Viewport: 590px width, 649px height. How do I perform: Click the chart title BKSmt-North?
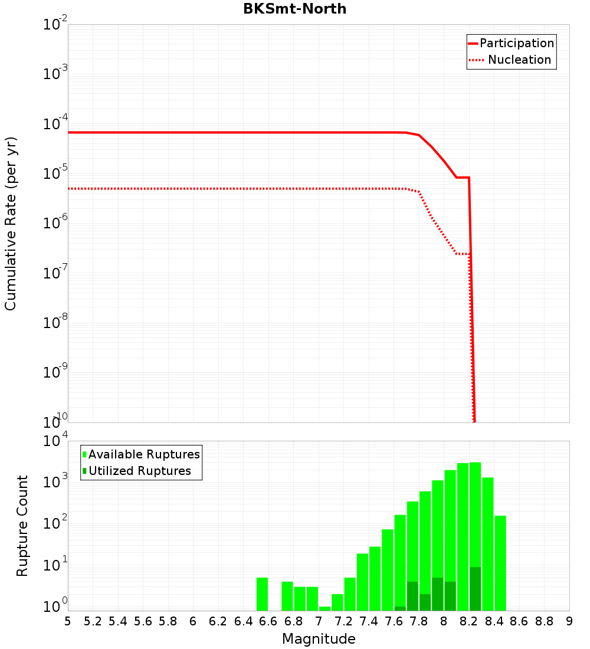tap(294, 9)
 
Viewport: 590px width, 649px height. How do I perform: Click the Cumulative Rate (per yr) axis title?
tap(11, 224)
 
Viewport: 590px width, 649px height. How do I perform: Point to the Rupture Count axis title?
tap(22, 526)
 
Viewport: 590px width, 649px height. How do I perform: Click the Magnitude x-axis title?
tap(319, 639)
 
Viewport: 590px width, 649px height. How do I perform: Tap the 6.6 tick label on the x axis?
tap(268, 621)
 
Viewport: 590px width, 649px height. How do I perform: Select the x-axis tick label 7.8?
tap(419, 621)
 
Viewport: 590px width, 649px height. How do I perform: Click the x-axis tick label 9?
tap(569, 621)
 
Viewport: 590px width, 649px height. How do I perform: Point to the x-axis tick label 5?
tap(68, 621)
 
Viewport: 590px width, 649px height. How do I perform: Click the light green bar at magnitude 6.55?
tap(263, 594)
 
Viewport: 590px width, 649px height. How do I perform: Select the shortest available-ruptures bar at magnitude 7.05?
tap(325, 608)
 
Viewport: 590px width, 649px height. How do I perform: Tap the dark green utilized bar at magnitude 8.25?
tap(475, 589)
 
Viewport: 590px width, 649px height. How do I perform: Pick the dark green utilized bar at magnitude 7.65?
tap(400, 608)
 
